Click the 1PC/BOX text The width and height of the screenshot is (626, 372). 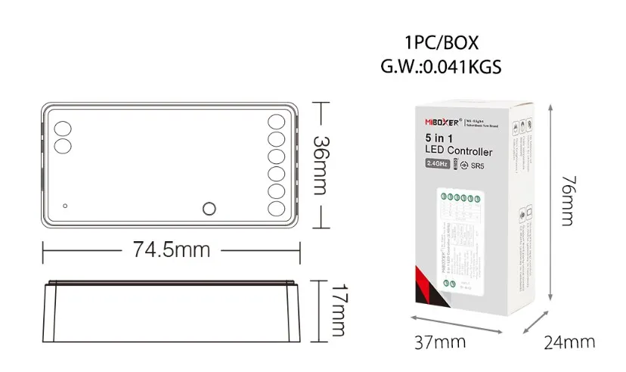tap(442, 43)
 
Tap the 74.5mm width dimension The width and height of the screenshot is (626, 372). tap(172, 249)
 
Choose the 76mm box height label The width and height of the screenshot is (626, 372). tap(569, 202)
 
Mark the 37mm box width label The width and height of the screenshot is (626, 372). tap(439, 342)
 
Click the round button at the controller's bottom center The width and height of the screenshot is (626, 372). tap(209, 209)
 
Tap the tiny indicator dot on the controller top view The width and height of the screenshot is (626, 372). tap(66, 205)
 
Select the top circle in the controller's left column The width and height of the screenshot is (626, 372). tap(61, 127)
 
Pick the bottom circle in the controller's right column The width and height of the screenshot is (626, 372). tap(276, 209)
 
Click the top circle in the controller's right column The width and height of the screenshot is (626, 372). tap(276, 122)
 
